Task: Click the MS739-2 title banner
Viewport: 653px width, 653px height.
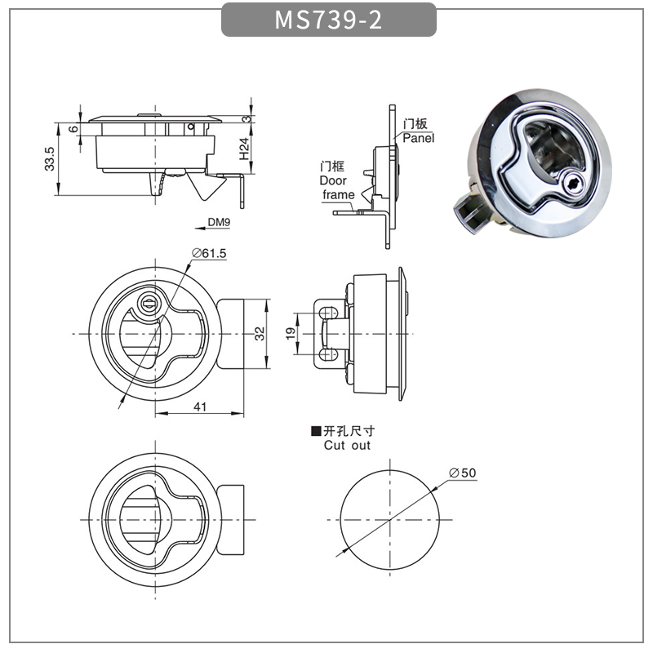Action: coord(329,20)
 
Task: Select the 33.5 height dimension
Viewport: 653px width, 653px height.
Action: coord(50,158)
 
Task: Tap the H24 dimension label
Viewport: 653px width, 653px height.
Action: coord(244,149)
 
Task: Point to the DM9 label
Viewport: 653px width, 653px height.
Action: coord(219,222)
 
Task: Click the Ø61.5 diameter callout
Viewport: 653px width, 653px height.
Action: coord(209,253)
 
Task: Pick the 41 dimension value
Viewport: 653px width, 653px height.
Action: coord(200,406)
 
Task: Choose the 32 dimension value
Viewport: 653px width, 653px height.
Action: coord(260,334)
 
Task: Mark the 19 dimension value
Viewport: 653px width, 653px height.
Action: coord(291,334)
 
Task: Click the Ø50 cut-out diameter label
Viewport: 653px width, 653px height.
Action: coord(462,473)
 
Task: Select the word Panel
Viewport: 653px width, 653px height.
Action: coord(418,138)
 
